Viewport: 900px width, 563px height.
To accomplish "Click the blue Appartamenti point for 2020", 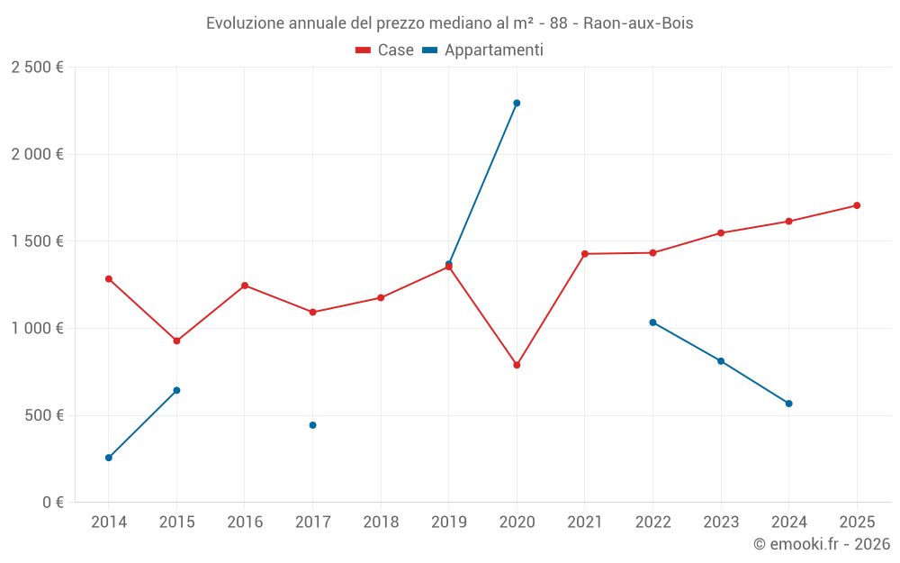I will coord(517,103).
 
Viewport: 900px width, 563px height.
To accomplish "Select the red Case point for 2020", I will coord(517,365).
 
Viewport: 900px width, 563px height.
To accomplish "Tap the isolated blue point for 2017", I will coord(312,425).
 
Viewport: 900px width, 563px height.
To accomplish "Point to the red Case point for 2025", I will coord(857,205).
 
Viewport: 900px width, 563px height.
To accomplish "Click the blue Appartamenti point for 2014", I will coord(109,458).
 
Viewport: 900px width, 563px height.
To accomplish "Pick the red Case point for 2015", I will coord(176,341).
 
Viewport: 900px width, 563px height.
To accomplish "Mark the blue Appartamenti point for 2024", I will coord(788,404).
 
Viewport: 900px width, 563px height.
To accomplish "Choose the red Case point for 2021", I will coord(585,254).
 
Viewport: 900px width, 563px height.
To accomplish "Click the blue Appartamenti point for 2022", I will coord(652,322).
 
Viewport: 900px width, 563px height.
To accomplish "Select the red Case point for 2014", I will coord(109,278).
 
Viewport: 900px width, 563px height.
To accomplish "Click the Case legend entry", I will coord(384,50).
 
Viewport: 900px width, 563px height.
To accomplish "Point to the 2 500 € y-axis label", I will coord(37,68).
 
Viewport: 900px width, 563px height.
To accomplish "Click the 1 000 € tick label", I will coord(37,329).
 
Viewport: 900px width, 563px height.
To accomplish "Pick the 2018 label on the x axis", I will coord(381,522).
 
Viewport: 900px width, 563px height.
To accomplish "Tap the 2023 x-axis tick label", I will coord(721,522).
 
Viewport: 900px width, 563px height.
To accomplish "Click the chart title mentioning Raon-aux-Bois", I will coord(450,23).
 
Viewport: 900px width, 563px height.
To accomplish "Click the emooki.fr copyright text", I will coord(821,544).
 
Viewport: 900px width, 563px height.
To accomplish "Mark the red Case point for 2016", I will coord(245,286).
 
